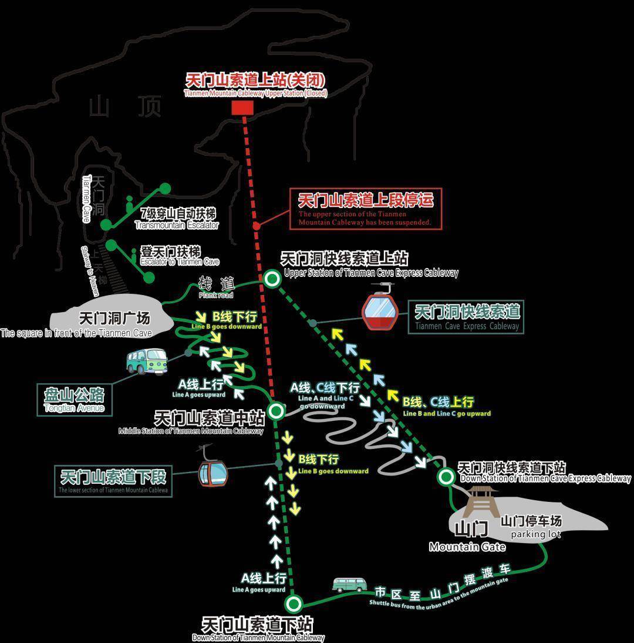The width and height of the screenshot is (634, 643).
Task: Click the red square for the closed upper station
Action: (242, 108)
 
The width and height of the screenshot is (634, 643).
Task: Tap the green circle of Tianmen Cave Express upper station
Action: (272, 279)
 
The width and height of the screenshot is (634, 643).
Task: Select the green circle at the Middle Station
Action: (276, 410)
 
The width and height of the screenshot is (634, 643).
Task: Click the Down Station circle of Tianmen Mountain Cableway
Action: (293, 603)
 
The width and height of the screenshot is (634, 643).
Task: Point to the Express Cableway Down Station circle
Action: (446, 476)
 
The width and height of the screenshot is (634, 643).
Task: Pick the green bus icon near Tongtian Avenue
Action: (146, 361)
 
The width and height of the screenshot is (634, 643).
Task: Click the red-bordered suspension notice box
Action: (366, 209)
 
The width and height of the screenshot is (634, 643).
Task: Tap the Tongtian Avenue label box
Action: (74, 399)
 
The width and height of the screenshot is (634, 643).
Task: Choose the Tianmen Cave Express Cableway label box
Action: (467, 317)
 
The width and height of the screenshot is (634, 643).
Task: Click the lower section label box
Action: (113, 481)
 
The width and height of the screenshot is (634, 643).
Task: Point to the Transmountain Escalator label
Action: (176, 219)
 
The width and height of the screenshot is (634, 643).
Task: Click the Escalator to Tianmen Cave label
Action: (179, 256)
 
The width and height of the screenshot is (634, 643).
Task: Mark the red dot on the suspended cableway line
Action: (256, 226)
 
